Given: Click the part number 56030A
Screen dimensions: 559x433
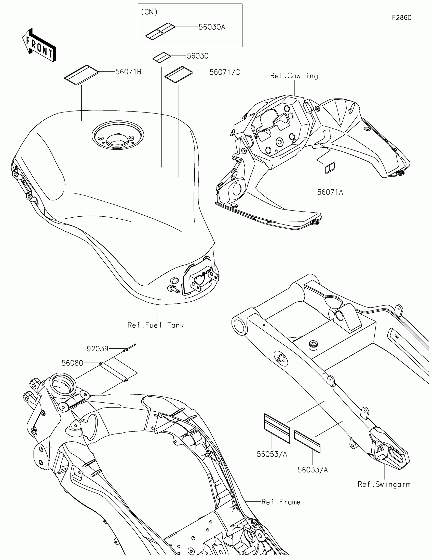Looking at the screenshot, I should click(212, 27).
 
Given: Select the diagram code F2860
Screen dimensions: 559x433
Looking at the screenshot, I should click(401, 18).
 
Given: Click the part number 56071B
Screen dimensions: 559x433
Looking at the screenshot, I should click(128, 72).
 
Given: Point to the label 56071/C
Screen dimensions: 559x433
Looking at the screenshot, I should click(225, 73).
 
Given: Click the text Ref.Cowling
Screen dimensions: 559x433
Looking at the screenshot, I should click(294, 76).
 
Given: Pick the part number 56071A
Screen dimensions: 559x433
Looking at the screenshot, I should click(330, 192).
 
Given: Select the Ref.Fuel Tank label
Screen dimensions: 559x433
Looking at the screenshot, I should click(156, 325).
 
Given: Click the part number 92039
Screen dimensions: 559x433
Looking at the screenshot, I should click(98, 349).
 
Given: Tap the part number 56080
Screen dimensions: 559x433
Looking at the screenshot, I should click(73, 363).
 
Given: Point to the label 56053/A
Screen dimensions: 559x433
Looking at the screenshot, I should click(272, 454).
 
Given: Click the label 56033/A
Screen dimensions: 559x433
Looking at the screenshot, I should click(312, 470).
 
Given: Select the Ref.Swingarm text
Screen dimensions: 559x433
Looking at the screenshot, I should click(384, 484).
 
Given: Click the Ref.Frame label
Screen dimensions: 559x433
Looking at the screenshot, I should click(281, 502).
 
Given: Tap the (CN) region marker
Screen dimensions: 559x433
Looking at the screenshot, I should click(149, 12).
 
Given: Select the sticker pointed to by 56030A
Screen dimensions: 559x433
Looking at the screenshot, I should click(160, 31).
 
